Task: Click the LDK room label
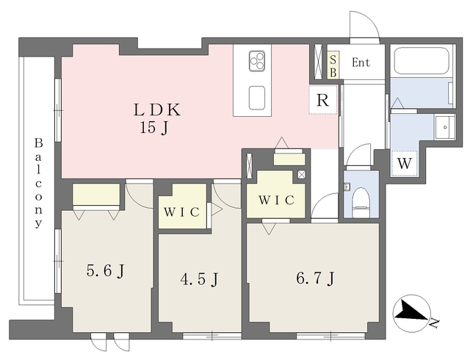coord(157,109)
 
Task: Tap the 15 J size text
coord(153,129)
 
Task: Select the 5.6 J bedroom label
coord(105,272)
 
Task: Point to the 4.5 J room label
coord(199,280)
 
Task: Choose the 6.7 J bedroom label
coord(315,278)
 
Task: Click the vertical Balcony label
coord(38,183)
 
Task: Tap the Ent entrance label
coord(361,62)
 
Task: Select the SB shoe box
coord(333,65)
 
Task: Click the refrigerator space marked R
coord(323,100)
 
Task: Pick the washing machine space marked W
coord(405,164)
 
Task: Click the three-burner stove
coord(257,61)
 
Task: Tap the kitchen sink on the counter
coord(257,98)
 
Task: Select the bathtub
coord(422,61)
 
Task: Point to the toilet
coord(361,203)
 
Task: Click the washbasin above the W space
coord(445,127)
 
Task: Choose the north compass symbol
coord(411,313)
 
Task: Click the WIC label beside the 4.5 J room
coord(181,212)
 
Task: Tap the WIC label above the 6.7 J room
coord(276,200)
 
